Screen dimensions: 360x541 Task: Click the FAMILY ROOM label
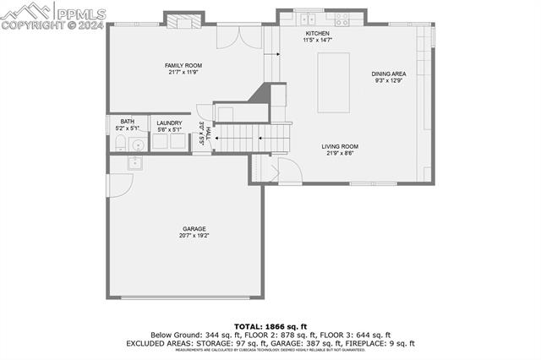coord(183,65)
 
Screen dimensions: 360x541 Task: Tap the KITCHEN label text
coord(317,33)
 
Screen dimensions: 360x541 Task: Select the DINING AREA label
coord(389,74)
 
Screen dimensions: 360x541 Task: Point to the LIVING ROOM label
coord(341,147)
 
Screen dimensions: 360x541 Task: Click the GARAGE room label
coord(194,229)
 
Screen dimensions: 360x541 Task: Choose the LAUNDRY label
coord(169,123)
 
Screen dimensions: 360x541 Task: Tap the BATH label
coord(127,121)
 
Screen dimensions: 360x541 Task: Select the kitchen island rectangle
coord(333,82)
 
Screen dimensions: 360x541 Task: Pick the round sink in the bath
coord(137,144)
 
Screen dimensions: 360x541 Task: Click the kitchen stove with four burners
coord(342,19)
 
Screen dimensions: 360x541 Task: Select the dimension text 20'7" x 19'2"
coord(194,237)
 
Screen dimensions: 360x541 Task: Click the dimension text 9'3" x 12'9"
coord(389,81)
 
